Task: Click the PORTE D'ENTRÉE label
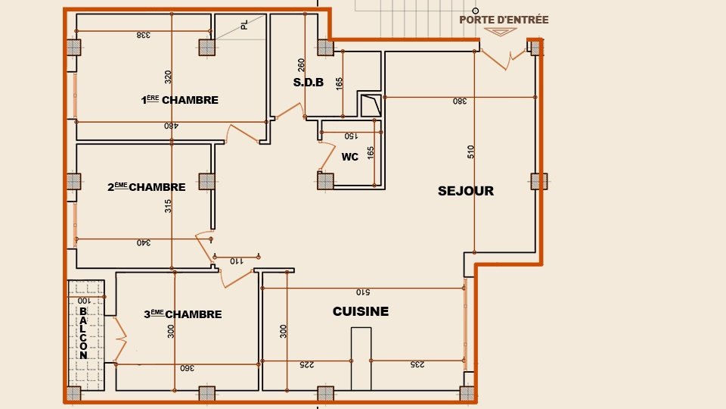[504, 20]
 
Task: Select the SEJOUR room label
[465, 191]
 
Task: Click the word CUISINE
[361, 311]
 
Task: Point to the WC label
[349, 157]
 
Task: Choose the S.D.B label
[309, 83]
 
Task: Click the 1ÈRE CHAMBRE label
[180, 100]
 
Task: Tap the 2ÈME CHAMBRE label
[146, 187]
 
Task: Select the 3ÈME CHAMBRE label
[182, 314]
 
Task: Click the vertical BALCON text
[83, 333]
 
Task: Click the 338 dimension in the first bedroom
[144, 35]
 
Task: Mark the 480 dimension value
[173, 126]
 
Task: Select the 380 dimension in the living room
[459, 101]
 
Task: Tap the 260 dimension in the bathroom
[301, 66]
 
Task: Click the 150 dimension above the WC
[349, 137]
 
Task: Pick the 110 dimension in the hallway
[236, 261]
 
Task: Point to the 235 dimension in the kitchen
[417, 365]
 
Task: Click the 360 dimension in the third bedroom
[186, 368]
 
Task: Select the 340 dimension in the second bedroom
[143, 243]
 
